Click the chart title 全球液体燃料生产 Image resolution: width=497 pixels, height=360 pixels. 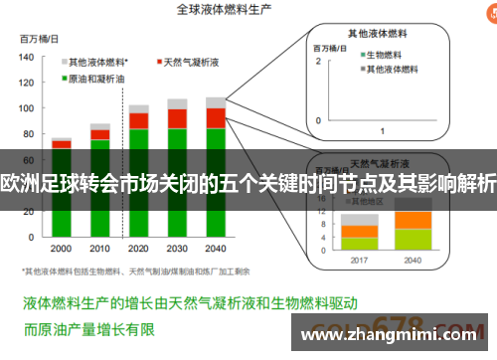coord(225,10)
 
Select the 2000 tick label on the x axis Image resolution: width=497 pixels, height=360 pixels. coord(62,248)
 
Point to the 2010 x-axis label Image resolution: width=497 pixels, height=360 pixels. coord(99,248)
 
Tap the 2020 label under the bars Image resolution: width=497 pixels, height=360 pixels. coord(138,248)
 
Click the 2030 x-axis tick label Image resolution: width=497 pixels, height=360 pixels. coord(177,248)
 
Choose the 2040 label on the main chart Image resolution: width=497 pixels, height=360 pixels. coord(216,248)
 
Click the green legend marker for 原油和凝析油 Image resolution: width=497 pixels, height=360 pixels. coord(63,77)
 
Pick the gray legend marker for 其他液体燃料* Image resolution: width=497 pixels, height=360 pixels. coord(63,62)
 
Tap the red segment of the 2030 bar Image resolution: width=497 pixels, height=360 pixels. coord(177,118)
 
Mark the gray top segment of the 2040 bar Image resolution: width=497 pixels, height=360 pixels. coord(216,101)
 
